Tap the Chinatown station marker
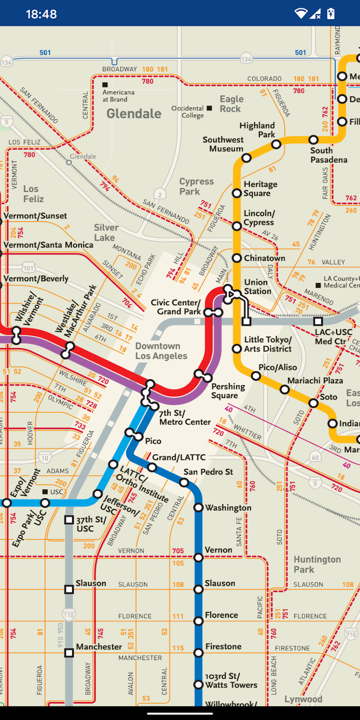pos(237,258)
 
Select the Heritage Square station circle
pos(237,193)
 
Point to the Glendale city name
pos(134,114)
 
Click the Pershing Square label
pos(228,391)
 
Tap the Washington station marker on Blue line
pos(199,508)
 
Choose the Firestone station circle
pos(199,653)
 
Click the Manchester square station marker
pos(69,653)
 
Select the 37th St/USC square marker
pos(69,520)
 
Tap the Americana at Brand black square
pos(105,85)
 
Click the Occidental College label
pos(188,112)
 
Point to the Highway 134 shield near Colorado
pos(246,59)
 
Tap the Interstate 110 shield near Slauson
pos(68,615)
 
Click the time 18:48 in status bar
pos(41,14)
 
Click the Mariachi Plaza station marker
pos(284,390)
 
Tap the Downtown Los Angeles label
pos(161,351)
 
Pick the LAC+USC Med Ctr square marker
pos(318,321)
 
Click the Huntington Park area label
pos(317,564)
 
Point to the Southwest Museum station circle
pos(246,158)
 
